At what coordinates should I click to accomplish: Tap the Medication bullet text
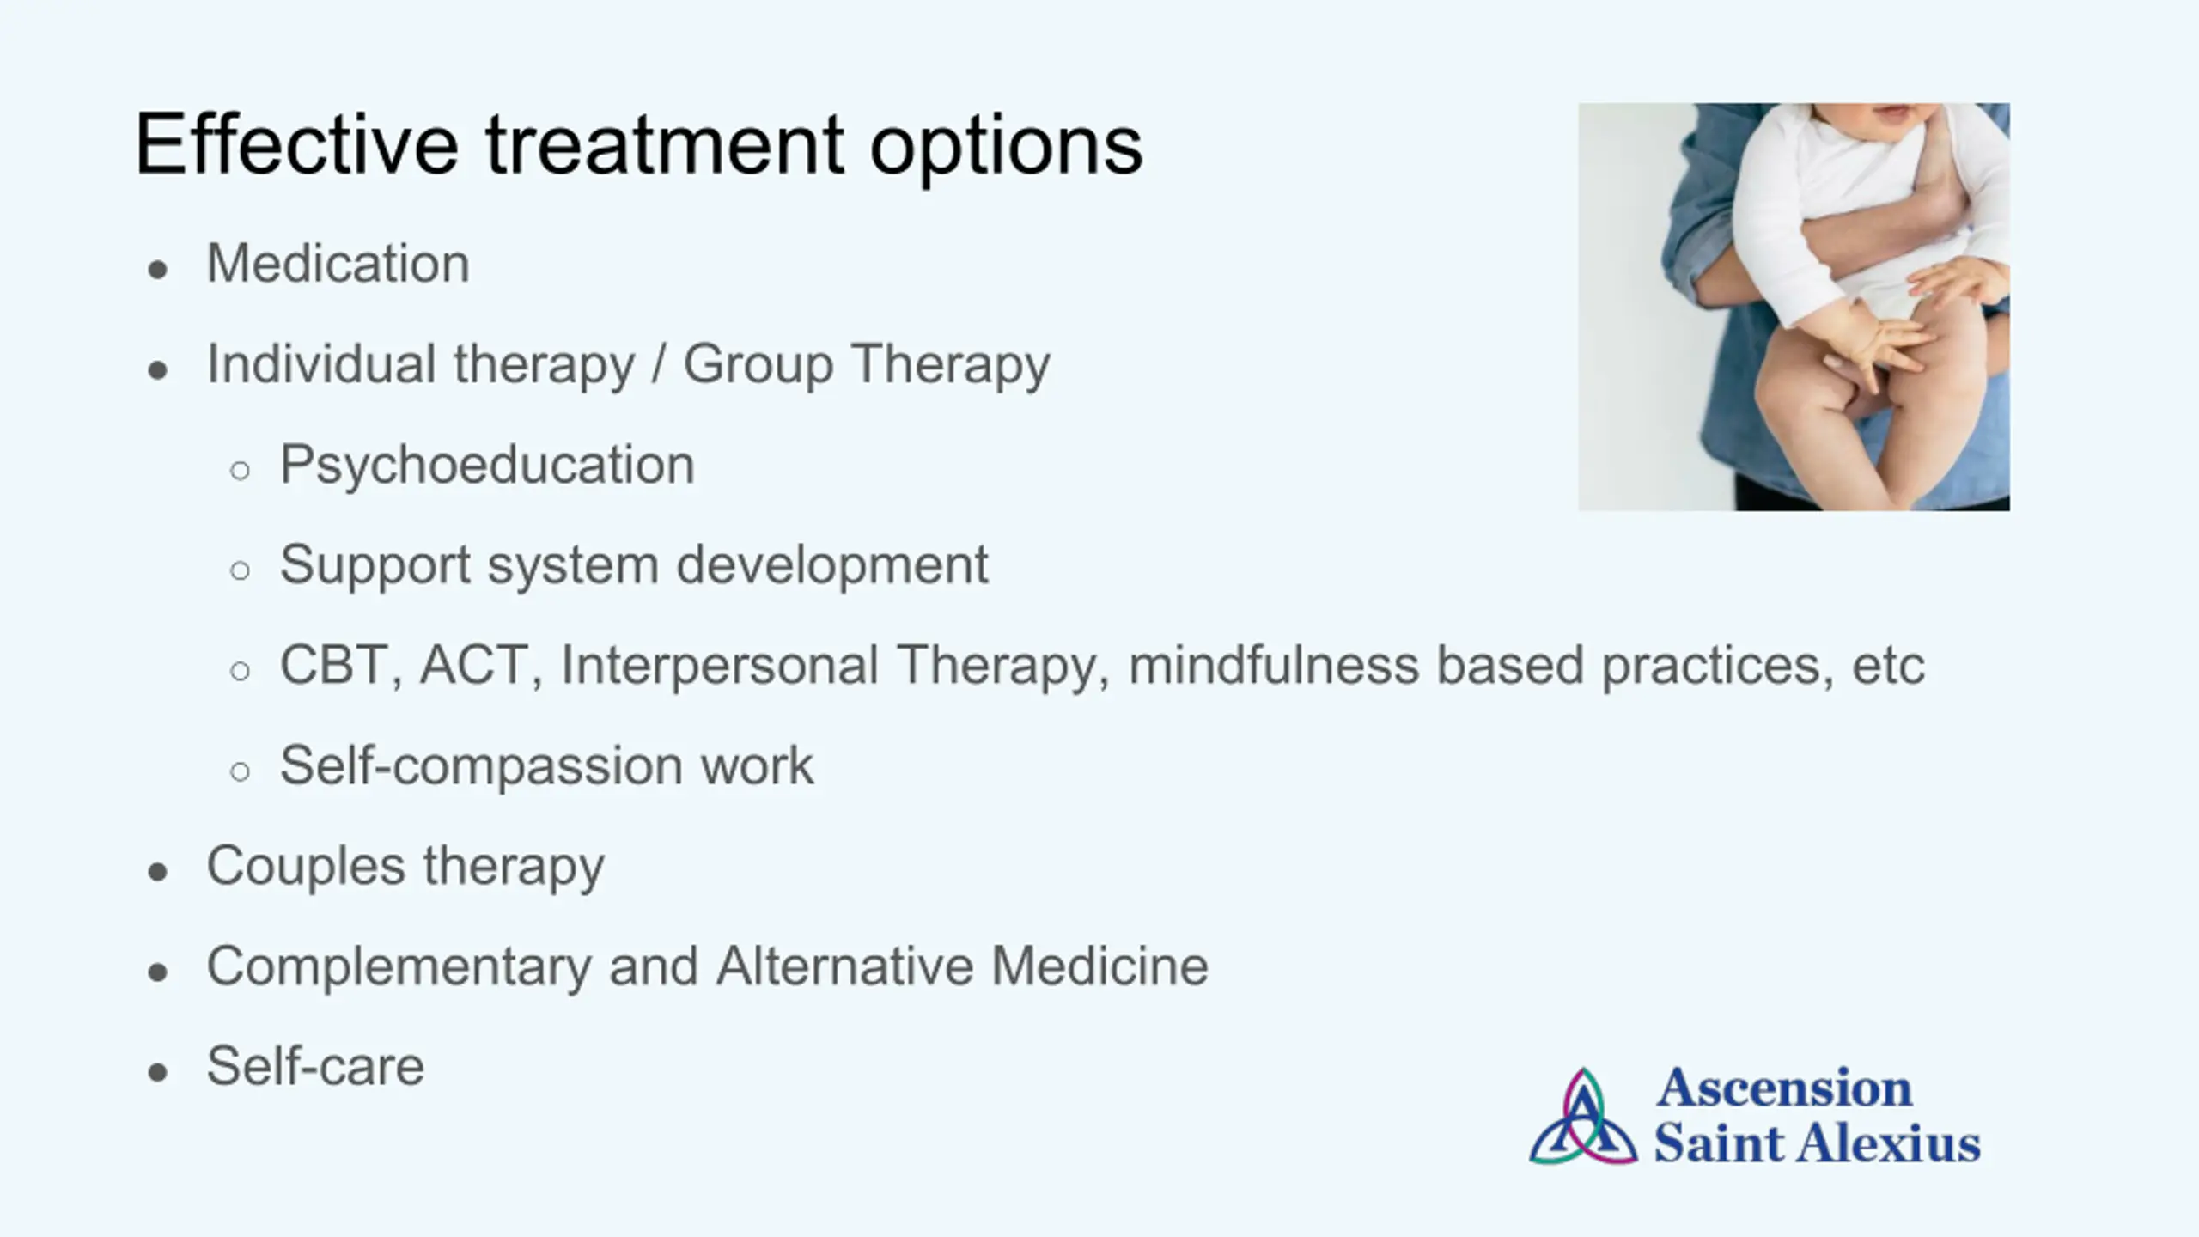pyautogui.click(x=338, y=263)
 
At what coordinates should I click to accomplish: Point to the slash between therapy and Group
pyautogui.click(x=659, y=364)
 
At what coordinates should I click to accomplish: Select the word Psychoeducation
pyautogui.click(x=487, y=465)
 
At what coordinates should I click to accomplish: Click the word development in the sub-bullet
pyautogui.click(x=832, y=565)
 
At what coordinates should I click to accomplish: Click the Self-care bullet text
pyautogui.click(x=316, y=1067)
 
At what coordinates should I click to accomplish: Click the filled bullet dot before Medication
pyautogui.click(x=157, y=270)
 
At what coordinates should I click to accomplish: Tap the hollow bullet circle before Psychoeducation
pyautogui.click(x=241, y=470)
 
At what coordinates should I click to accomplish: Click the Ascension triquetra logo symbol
pyautogui.click(x=1583, y=1117)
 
